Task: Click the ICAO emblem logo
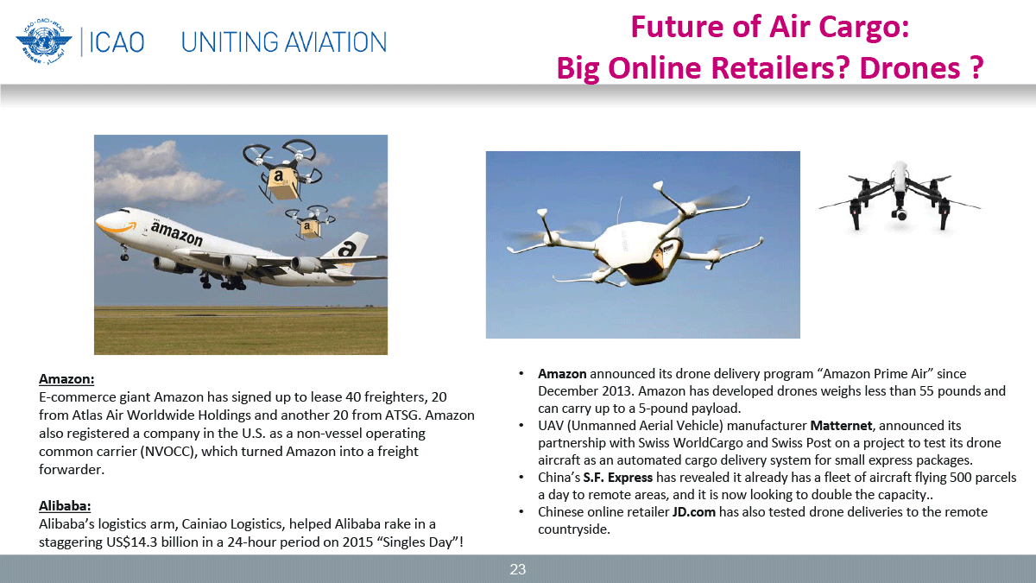tap(44, 41)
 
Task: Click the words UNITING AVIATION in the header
tap(283, 42)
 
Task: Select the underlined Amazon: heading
tap(66, 379)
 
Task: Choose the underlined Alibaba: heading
tap(65, 506)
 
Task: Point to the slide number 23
tap(517, 569)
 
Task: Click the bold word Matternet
tap(841, 425)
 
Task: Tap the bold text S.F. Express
tap(617, 477)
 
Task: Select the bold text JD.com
tap(694, 511)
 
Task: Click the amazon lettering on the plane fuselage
tap(177, 232)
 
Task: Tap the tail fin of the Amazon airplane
tap(346, 250)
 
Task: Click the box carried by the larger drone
tap(281, 183)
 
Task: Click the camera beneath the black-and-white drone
tap(900, 214)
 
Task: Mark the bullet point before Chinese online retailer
tap(521, 511)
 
